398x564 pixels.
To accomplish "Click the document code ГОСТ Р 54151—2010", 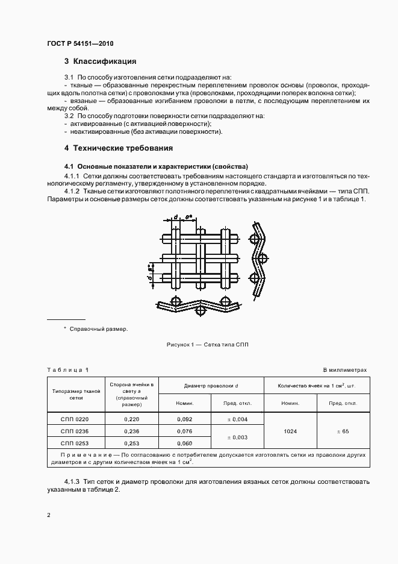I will (79, 44).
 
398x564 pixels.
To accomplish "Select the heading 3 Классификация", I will (100, 61).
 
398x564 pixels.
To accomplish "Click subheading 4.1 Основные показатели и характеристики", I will (156, 166).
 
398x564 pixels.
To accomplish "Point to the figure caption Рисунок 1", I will (207, 344).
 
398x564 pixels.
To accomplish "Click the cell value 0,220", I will (131, 419).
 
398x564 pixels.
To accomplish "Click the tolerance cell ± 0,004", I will (237, 419).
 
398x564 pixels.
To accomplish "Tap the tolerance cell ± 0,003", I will (237, 437).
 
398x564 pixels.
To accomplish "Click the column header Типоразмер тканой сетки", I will (76, 394).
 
